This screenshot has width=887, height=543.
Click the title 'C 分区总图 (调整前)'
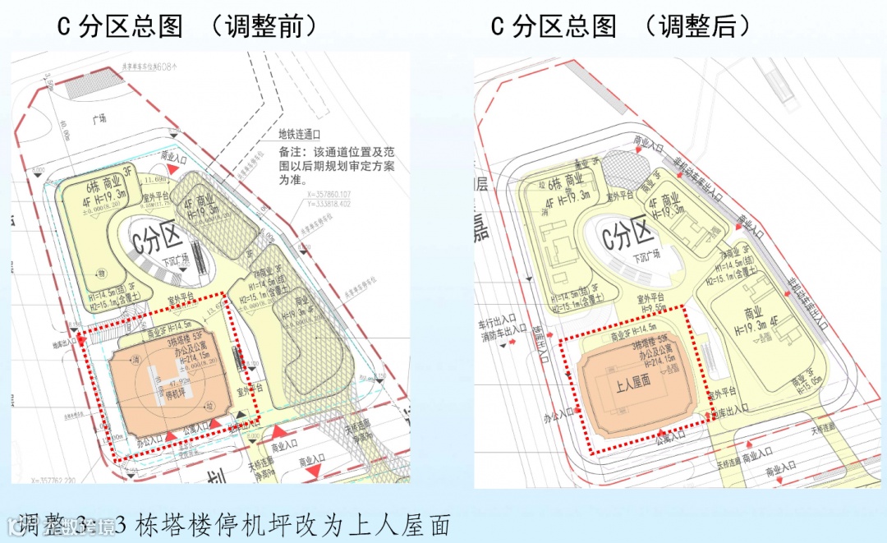pos(186,26)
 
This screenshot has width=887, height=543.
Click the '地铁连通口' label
pos(299,133)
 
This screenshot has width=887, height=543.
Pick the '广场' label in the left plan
pos(100,118)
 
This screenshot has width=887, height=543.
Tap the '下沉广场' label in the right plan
pos(646,256)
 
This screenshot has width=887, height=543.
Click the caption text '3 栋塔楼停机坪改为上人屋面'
pos(283,523)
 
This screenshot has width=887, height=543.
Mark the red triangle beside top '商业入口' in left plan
pos(169,168)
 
